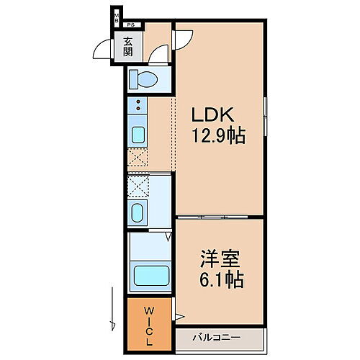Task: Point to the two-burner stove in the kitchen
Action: click(137, 109)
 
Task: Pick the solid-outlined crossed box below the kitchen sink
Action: click(137, 158)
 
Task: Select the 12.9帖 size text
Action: click(218, 136)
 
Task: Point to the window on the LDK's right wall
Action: click(266, 115)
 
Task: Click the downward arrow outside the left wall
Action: click(112, 306)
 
